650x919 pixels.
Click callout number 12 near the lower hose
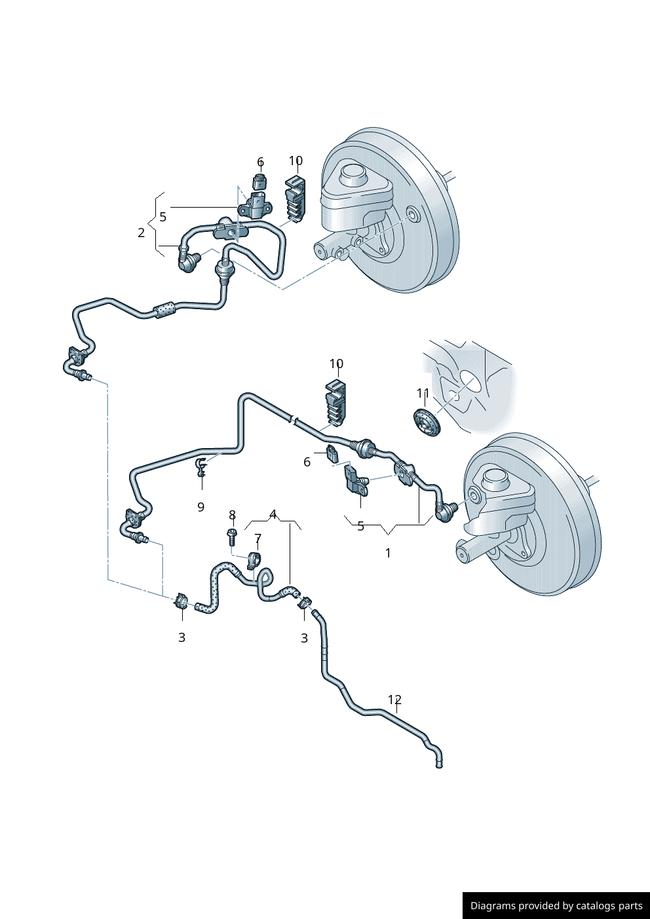pos(394,700)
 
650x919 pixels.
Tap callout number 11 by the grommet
pos(423,393)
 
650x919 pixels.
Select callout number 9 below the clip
pos(201,507)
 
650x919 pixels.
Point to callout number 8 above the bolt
pos(232,515)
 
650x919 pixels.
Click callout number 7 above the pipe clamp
pos(258,539)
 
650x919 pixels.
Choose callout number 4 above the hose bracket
pos(273,514)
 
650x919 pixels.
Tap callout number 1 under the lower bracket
pos(388,553)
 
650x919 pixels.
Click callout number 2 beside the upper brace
pos(141,233)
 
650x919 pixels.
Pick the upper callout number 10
pos(296,160)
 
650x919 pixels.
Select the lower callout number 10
pos(336,364)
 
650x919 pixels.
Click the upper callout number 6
pos(260,162)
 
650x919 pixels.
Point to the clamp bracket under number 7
pos(254,561)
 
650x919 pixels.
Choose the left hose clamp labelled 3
pos(181,601)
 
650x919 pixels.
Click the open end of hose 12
pos(439,764)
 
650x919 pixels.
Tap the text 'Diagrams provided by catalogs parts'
pos(556,906)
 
